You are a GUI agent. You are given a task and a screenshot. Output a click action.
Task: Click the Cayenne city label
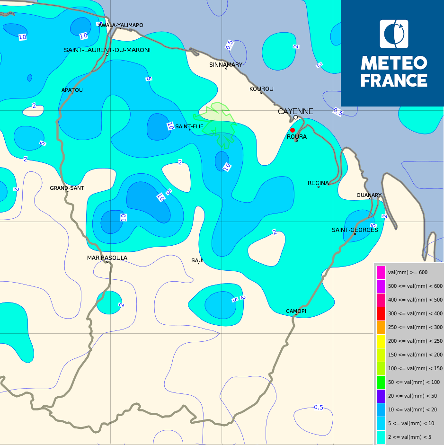pos(295,111)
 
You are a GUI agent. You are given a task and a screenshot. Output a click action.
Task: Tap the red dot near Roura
pos(293,130)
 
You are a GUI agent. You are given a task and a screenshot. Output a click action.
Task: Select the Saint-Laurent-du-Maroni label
pos(107,50)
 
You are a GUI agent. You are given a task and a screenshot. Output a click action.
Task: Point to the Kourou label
pos(261,89)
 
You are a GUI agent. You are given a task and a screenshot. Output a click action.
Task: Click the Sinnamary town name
pos(226,64)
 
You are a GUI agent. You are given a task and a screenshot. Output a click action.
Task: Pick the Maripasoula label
pos(107,258)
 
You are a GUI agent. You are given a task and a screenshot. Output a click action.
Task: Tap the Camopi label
pos(296,311)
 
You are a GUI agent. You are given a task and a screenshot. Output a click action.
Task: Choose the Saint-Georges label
pos(355,230)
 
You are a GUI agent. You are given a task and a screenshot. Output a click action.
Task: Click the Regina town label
pos(318,183)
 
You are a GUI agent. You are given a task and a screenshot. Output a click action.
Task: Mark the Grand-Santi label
pos(68,188)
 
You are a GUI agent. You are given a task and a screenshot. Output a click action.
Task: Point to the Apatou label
pos(72,90)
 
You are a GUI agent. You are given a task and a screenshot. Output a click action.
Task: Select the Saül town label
pos(197,260)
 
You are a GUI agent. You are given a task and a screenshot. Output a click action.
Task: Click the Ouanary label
pos(369,195)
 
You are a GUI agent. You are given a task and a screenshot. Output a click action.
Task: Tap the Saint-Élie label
pos(189,126)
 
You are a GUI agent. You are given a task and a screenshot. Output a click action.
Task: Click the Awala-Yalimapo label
pos(121,25)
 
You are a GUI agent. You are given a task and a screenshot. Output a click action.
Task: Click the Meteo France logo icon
pos(394,34)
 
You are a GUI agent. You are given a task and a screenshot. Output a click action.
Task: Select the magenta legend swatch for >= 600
pos(381,272)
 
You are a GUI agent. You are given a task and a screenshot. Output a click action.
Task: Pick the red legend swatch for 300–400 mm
pos(381,313)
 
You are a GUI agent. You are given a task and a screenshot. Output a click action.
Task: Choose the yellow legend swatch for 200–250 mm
pos(381,341)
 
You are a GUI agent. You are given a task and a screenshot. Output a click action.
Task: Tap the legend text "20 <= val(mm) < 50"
pos(412,396)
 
